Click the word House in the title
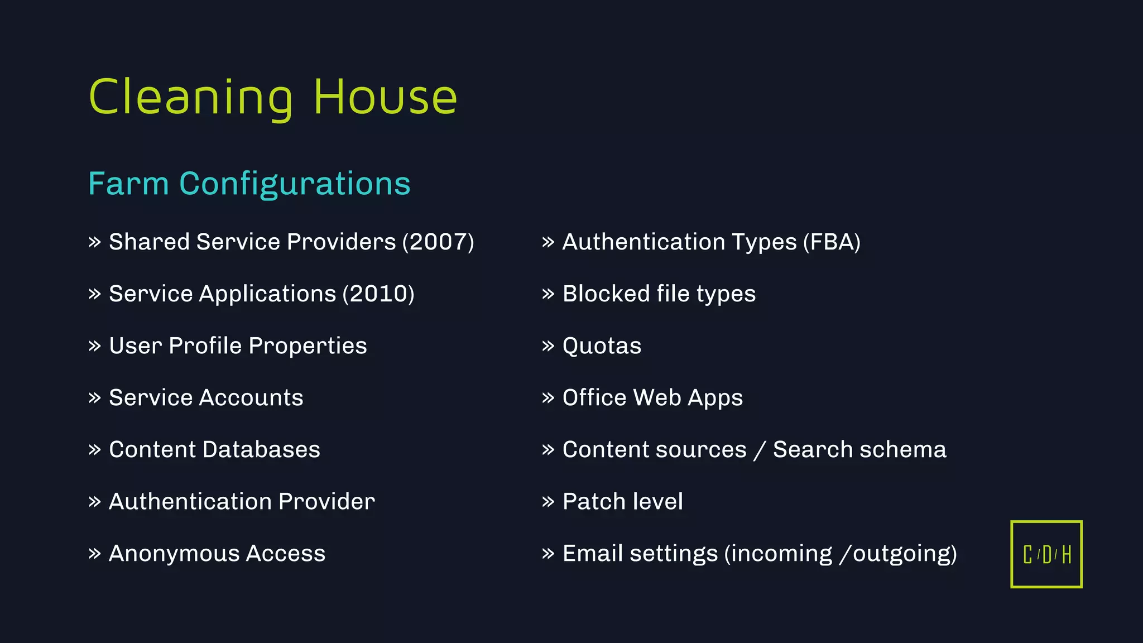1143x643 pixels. point(385,98)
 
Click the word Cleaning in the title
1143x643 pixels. point(190,98)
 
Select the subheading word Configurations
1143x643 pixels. point(295,184)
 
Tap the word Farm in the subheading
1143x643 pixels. point(128,184)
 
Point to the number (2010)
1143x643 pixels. point(378,294)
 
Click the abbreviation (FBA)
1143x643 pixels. point(832,242)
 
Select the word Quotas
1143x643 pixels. point(602,346)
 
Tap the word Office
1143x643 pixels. point(594,397)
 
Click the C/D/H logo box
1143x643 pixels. point(1046,554)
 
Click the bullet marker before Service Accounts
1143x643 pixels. point(94,398)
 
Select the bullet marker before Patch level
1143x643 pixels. point(548,502)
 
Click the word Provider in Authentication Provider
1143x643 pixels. point(326,501)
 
